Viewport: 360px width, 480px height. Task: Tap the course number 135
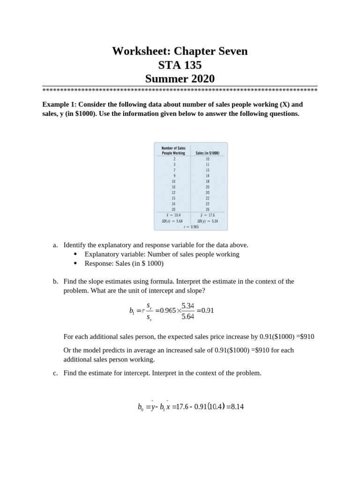(191, 65)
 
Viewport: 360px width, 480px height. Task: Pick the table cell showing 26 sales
(207, 210)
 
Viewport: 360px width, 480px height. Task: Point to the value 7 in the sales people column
(174, 170)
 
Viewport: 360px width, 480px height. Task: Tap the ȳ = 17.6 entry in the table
(207, 215)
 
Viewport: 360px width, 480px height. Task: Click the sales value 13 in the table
(207, 170)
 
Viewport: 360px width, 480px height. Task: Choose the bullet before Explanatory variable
(76, 254)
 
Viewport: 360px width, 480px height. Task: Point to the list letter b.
(55, 281)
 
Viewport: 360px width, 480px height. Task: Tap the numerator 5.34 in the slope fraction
(187, 306)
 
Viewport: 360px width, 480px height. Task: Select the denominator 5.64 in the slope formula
(187, 316)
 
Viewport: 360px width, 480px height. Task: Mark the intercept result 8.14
(237, 406)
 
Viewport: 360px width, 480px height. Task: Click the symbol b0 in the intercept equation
(140, 407)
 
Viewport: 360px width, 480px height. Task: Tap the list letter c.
(55, 373)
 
